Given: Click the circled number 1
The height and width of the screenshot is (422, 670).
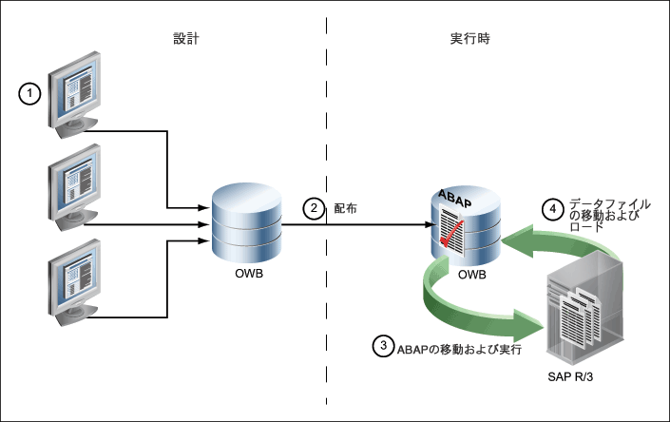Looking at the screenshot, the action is point(29,93).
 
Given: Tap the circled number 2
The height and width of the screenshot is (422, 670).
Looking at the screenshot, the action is point(314,208).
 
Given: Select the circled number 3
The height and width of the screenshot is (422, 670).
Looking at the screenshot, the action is point(383,345).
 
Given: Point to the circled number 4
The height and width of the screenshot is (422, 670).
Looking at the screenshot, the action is point(553,209).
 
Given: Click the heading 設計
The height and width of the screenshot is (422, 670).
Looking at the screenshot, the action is point(186,38).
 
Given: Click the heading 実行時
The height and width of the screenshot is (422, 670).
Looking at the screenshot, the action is point(470,38).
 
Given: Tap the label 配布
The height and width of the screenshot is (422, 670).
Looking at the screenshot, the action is point(345,208).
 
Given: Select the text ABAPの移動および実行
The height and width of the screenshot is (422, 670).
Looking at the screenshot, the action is point(459,350).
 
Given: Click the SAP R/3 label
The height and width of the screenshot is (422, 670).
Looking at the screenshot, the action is point(570,376).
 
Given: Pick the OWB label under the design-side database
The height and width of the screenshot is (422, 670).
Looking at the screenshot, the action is point(249,274).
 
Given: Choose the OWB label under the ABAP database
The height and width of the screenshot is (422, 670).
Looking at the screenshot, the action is point(472,275).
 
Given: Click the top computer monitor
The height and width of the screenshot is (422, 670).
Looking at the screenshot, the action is point(74,95).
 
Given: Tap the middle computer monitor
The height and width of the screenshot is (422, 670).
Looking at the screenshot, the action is point(74,187).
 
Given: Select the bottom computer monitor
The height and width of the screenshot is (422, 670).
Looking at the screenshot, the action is point(74,282).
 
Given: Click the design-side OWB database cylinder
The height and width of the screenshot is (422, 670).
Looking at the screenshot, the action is point(247,222).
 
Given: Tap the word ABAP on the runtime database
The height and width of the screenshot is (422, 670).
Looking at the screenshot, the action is point(454,199).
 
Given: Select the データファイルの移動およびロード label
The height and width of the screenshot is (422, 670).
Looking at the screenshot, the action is point(610,215).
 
